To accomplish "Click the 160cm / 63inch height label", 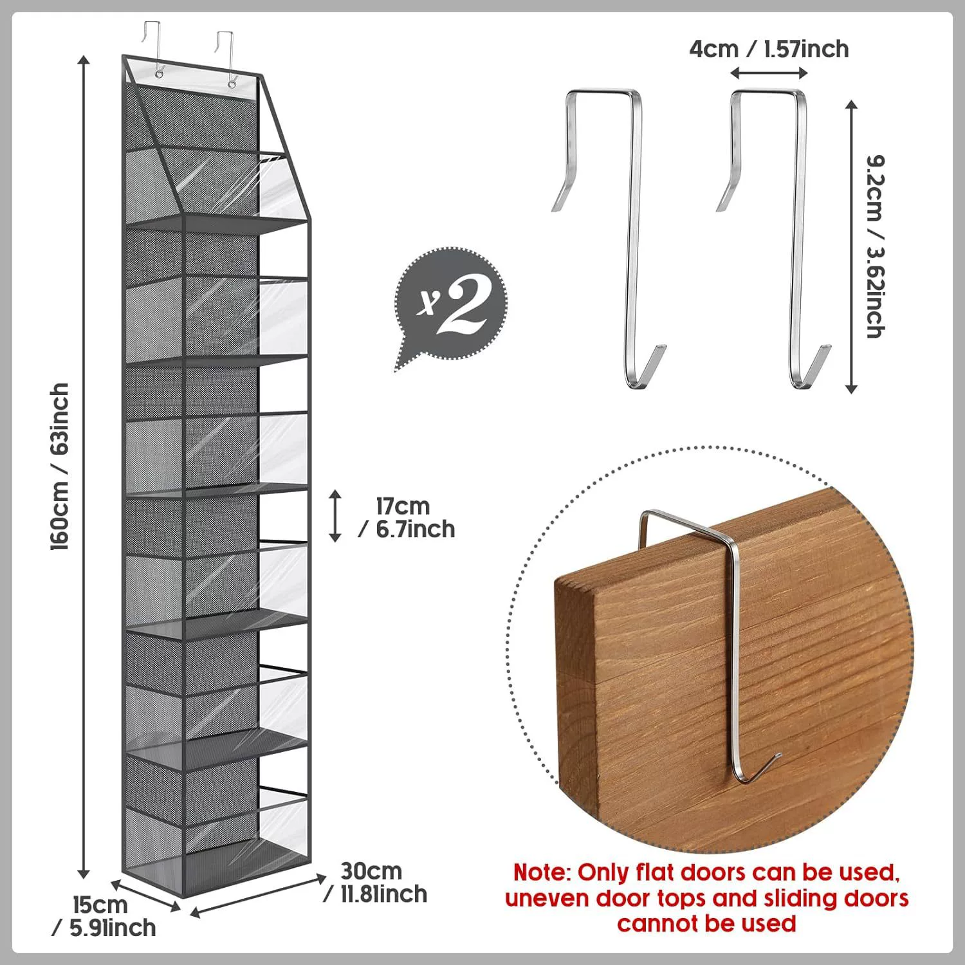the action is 60,466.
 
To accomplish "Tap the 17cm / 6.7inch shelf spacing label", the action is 407,517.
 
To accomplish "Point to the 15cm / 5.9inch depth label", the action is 104,916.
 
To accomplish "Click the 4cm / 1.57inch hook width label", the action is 769,49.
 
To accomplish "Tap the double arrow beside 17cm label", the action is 335,515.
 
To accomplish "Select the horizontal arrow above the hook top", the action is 769,73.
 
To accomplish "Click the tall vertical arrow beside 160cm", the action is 83,467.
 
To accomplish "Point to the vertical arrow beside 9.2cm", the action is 851,246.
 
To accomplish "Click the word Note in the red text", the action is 540,873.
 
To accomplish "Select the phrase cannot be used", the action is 706,923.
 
